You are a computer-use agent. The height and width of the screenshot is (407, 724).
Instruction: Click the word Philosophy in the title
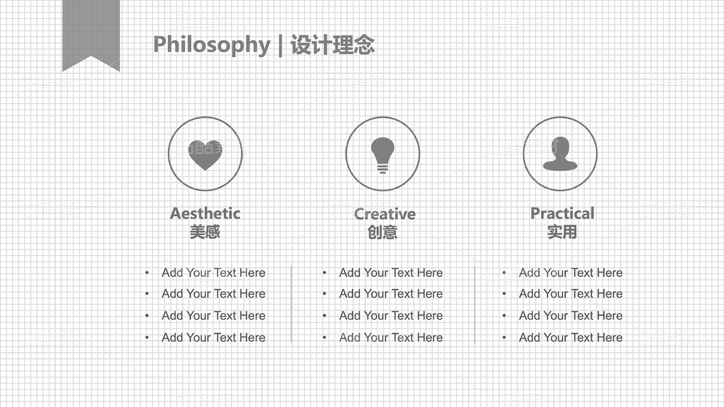212,45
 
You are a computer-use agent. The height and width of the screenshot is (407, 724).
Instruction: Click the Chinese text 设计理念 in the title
332,45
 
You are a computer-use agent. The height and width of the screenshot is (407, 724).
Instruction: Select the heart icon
205,155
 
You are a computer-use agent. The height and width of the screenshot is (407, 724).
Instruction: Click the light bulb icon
383,156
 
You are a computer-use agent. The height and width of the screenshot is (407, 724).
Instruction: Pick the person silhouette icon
560,154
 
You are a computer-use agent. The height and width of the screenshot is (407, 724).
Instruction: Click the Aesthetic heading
205,213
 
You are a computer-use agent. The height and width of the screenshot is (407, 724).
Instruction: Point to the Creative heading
385,214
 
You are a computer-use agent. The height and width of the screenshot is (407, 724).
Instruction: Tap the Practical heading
562,213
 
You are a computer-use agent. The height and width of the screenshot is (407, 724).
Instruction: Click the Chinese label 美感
205,232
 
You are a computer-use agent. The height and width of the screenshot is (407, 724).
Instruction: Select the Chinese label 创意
383,232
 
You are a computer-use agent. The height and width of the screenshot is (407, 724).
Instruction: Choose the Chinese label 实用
562,232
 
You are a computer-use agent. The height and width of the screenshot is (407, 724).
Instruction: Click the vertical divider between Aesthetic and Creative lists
291,304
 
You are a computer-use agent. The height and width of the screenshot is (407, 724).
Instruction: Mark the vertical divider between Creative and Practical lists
474,304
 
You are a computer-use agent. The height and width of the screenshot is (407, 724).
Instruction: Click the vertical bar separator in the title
280,46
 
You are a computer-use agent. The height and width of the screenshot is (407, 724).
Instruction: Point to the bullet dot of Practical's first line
504,273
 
